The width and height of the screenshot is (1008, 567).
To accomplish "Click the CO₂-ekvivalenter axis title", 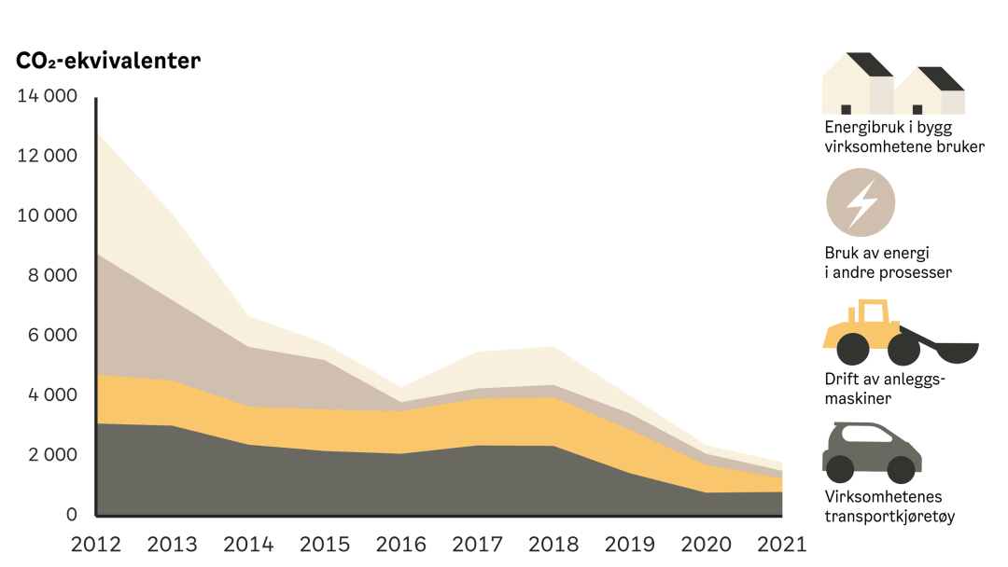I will tap(108, 62).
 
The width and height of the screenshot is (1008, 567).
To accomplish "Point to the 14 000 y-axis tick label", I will tap(47, 96).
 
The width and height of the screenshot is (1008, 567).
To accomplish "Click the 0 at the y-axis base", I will tap(71, 514).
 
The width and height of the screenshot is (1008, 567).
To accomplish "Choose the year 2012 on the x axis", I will tap(96, 543).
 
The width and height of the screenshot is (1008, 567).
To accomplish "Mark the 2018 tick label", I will tap(554, 543).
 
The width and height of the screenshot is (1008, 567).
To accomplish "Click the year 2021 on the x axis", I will tap(782, 543).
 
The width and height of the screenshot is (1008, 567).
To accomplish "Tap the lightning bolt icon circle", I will tap(861, 202).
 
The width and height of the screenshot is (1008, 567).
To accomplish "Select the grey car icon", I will tap(872, 451).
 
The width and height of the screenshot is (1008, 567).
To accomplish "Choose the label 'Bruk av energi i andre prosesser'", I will tap(887, 263).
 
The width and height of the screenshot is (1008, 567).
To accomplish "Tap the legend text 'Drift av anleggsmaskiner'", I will tap(882, 389).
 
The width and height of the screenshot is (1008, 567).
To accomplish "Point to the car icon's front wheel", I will tap(901, 468).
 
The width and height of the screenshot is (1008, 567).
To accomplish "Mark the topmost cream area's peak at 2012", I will tap(99, 140).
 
